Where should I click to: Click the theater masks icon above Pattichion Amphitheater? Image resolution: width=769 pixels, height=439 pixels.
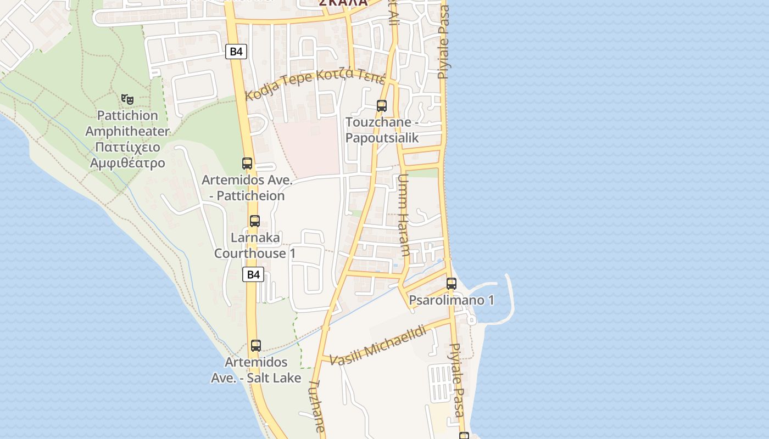tap(127, 99)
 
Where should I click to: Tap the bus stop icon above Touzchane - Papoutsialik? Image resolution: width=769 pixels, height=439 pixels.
tap(381, 105)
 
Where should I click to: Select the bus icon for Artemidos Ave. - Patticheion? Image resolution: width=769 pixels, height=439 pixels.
tap(247, 163)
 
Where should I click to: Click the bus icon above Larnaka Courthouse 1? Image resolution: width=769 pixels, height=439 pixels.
tap(254, 221)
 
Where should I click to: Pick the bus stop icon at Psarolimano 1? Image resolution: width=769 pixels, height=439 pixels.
tap(452, 284)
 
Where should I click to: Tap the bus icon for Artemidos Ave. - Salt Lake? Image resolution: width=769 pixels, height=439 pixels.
tap(255, 346)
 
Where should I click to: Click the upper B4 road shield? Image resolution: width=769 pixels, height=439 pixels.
tap(236, 52)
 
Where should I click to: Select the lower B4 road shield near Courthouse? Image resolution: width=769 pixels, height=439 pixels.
tap(253, 274)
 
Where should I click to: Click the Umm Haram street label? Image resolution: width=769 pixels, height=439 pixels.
tap(403, 215)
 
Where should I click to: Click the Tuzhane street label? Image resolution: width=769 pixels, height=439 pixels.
tap(317, 406)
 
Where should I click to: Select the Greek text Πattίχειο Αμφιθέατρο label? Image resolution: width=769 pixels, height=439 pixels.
tap(127, 155)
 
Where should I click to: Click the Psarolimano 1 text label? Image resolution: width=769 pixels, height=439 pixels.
tap(452, 300)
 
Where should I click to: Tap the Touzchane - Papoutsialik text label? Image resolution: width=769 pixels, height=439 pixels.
tap(382, 130)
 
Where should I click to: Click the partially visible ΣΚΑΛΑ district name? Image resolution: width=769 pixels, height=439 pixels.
tap(343, 3)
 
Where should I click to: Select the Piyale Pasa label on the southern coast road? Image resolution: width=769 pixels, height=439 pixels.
tap(457, 380)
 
